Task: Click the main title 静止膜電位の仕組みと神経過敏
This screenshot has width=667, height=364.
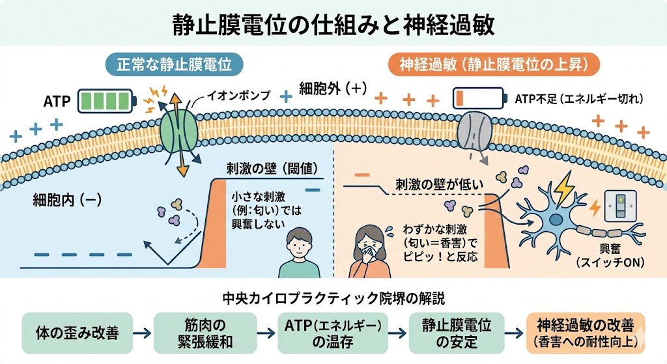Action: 333,25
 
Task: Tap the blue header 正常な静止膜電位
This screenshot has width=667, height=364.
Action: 174,65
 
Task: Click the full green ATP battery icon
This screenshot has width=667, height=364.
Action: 107,102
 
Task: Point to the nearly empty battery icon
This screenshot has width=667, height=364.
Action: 479,99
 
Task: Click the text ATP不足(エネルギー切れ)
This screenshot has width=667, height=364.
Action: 579,99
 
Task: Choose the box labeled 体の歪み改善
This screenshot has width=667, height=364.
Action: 76,333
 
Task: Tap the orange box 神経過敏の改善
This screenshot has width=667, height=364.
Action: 584,333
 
